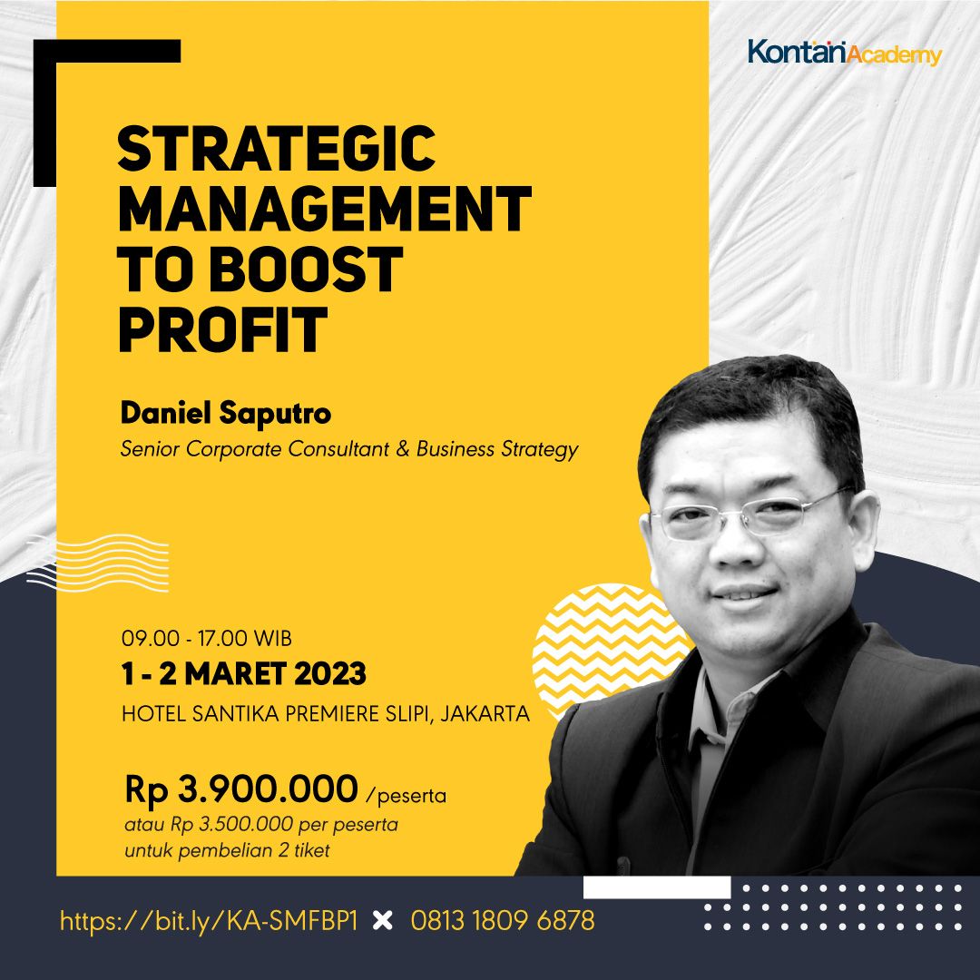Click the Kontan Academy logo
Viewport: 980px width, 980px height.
pyautogui.click(x=844, y=53)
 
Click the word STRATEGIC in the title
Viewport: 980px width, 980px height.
pyautogui.click(x=277, y=150)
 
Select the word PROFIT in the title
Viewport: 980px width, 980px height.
pyautogui.click(x=222, y=328)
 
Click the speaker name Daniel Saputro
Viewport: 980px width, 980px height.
pyautogui.click(x=226, y=414)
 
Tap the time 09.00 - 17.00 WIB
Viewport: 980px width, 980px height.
pyautogui.click(x=207, y=637)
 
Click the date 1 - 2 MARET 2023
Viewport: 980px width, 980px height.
pyautogui.click(x=243, y=674)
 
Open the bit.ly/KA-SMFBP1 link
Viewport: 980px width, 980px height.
pyautogui.click(x=209, y=922)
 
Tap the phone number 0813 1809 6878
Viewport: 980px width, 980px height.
pyautogui.click(x=503, y=922)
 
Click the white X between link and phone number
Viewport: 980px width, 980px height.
pyautogui.click(x=384, y=922)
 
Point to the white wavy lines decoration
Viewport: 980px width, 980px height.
pyautogui.click(x=97, y=563)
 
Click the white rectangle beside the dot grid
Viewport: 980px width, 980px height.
pyautogui.click(x=656, y=887)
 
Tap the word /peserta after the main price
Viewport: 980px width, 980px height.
pyautogui.click(x=406, y=797)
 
